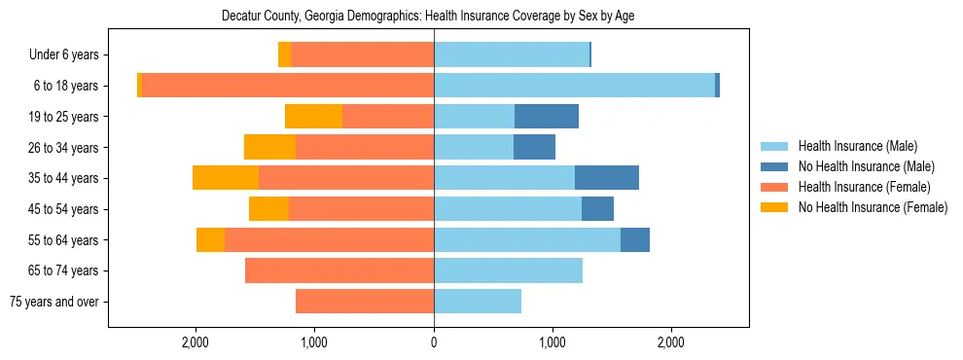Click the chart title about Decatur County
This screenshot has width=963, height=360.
point(428,17)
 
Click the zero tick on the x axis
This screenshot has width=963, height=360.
point(434,342)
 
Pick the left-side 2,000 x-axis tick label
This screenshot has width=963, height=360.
point(196,342)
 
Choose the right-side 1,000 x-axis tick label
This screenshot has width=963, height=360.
point(553,342)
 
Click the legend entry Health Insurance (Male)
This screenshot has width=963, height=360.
point(857,146)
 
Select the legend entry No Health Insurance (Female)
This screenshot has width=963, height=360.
point(873,207)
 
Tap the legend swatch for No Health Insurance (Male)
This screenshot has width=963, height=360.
point(775,166)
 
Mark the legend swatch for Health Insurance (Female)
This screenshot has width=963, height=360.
point(775,187)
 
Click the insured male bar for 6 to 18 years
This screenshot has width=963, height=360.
point(574,86)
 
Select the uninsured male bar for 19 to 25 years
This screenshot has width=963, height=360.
point(547,117)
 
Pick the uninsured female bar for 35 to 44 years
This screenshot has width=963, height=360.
point(226,178)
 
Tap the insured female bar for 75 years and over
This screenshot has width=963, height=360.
point(365,302)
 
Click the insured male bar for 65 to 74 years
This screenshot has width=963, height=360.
point(508,270)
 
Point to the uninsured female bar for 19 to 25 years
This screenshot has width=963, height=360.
point(313,117)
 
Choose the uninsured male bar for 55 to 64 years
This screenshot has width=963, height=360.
point(635,239)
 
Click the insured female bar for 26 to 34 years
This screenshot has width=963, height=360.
point(365,147)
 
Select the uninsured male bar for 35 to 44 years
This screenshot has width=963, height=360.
point(607,178)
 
